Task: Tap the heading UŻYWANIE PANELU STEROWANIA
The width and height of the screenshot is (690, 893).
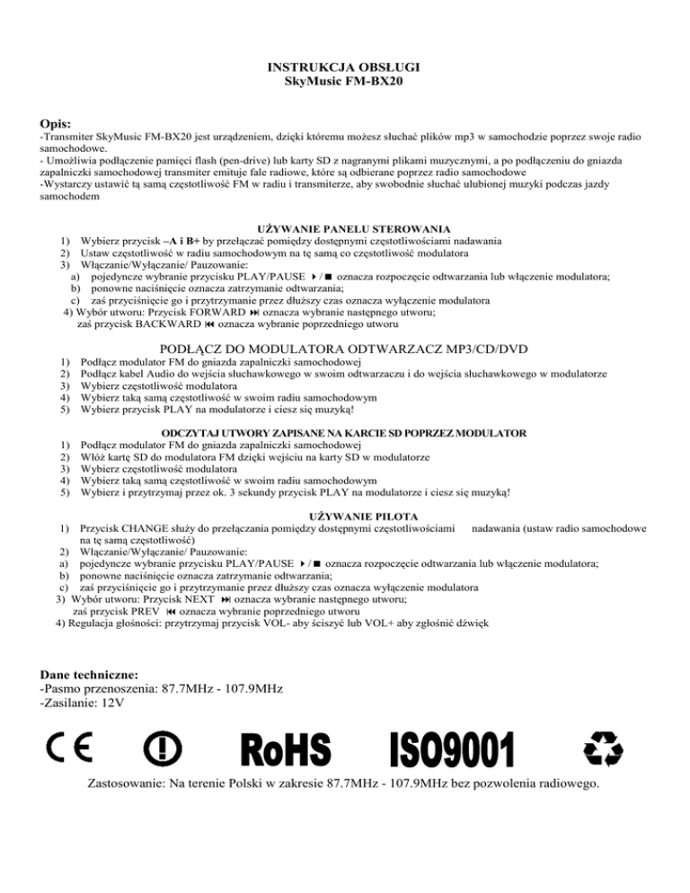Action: coord(353,230)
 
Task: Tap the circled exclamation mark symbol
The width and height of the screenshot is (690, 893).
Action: coord(164,747)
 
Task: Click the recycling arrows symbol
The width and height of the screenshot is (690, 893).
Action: coord(603,747)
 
